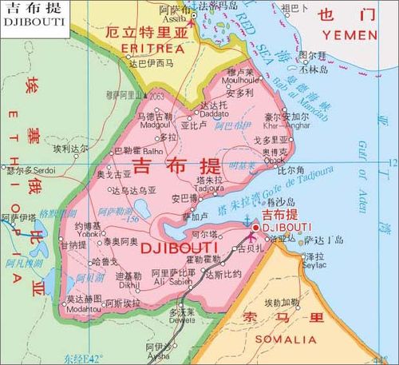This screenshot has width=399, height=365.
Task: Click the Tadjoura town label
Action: coord(209,188)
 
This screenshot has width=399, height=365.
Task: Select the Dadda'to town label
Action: coord(213,114)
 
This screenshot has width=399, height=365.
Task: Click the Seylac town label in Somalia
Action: coord(315,265)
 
